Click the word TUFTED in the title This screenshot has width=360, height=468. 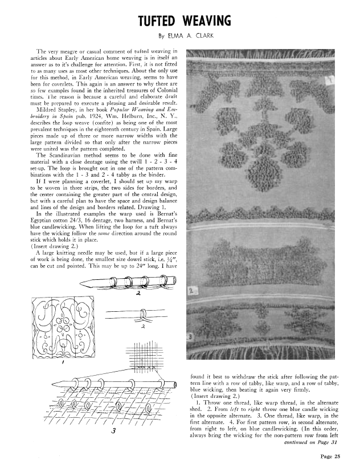point(160,21)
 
